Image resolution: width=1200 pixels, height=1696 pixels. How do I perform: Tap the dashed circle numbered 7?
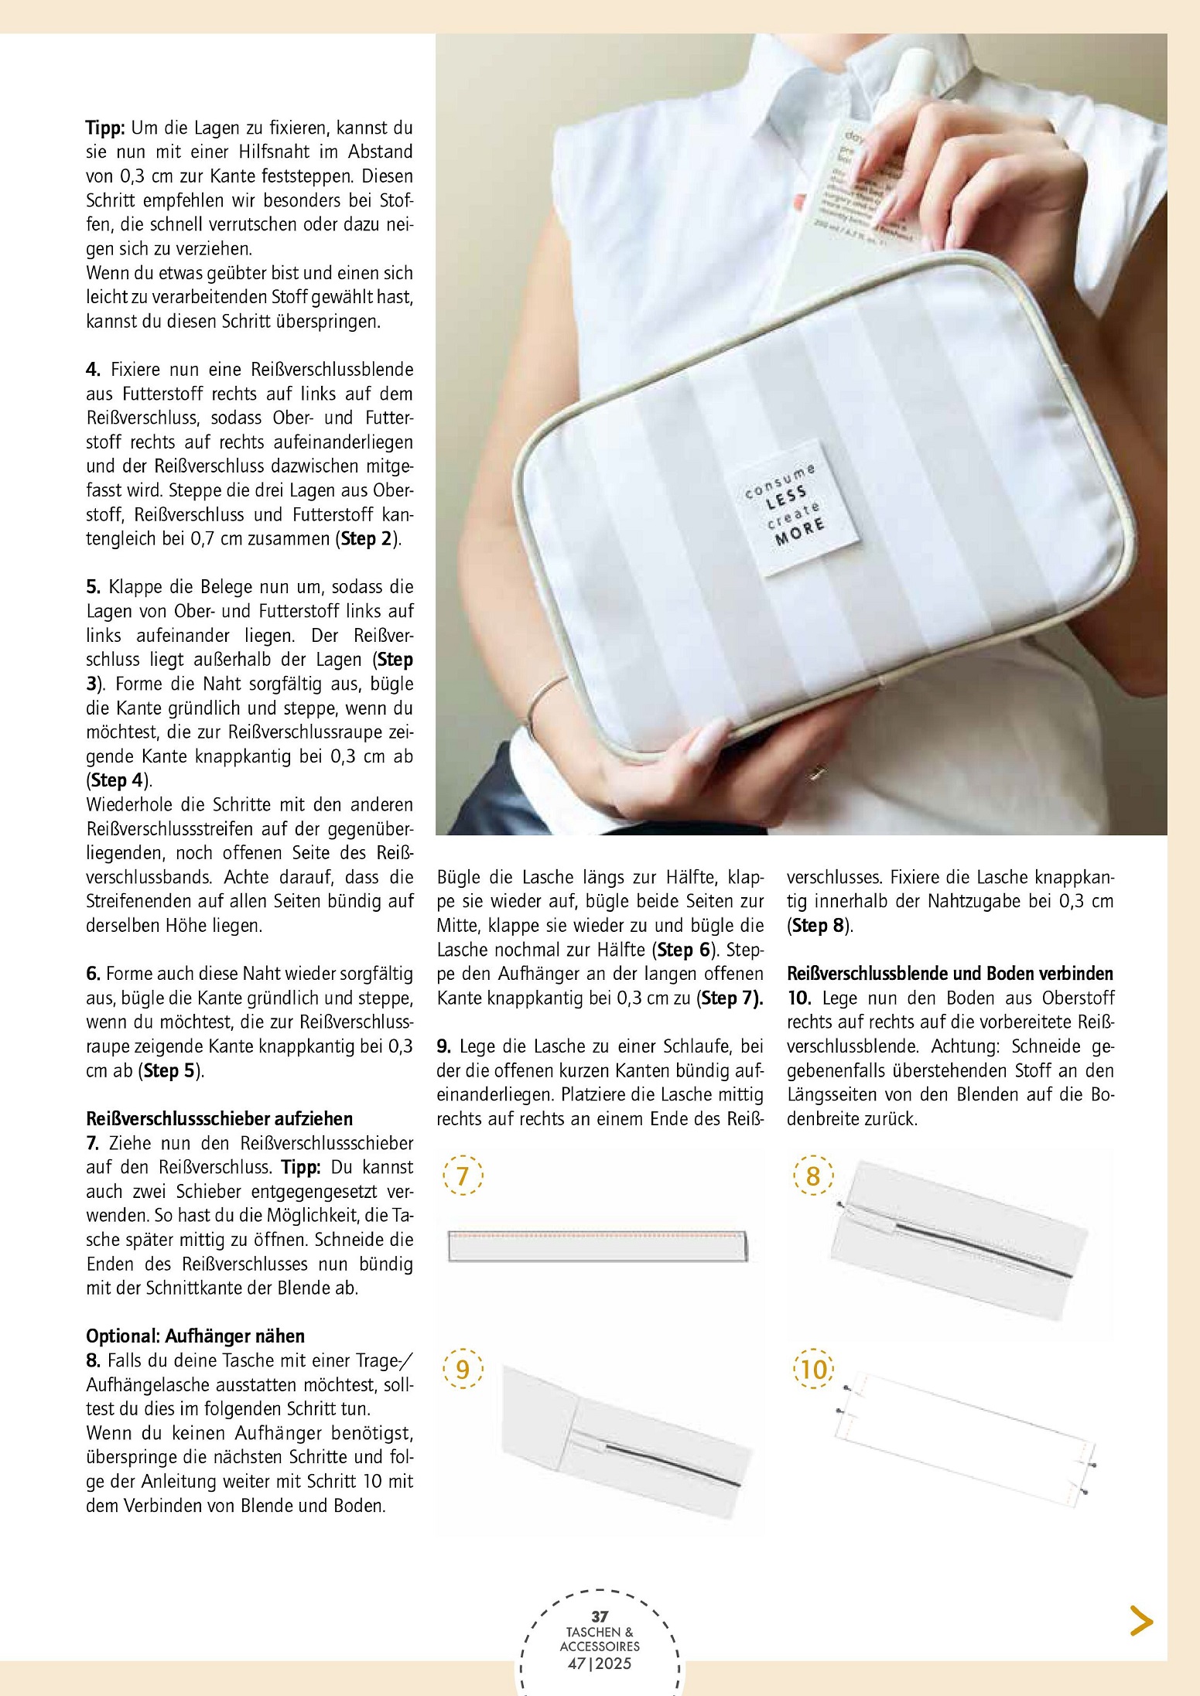coord(463,1176)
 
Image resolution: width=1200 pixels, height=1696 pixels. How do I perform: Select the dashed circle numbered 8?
coord(813,1176)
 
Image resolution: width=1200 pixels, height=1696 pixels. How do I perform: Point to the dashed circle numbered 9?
coord(463,1369)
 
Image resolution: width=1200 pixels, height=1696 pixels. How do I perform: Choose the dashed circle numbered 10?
coord(813,1369)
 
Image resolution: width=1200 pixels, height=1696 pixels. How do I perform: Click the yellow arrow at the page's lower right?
coord(1141,1620)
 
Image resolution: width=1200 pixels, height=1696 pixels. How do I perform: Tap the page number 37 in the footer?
coord(600,1616)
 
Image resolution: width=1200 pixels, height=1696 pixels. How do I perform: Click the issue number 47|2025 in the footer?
coord(600,1664)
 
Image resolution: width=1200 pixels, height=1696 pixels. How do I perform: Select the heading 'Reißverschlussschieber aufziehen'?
coord(219,1118)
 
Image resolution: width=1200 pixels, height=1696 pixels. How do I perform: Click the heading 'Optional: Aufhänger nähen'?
coord(195,1336)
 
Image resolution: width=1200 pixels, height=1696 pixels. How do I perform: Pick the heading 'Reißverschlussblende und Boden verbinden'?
coord(950,974)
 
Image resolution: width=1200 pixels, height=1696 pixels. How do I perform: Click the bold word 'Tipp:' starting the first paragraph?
coord(105,128)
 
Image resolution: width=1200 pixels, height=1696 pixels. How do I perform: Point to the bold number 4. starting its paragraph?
coord(94,369)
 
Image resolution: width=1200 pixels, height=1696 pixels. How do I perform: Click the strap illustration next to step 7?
coord(598,1245)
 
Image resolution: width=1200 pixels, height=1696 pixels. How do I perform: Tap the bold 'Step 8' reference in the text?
coord(819,925)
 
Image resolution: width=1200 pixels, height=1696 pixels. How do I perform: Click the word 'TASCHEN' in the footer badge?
coord(593,1632)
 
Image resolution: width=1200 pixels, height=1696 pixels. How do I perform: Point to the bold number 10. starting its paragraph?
coord(799,998)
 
